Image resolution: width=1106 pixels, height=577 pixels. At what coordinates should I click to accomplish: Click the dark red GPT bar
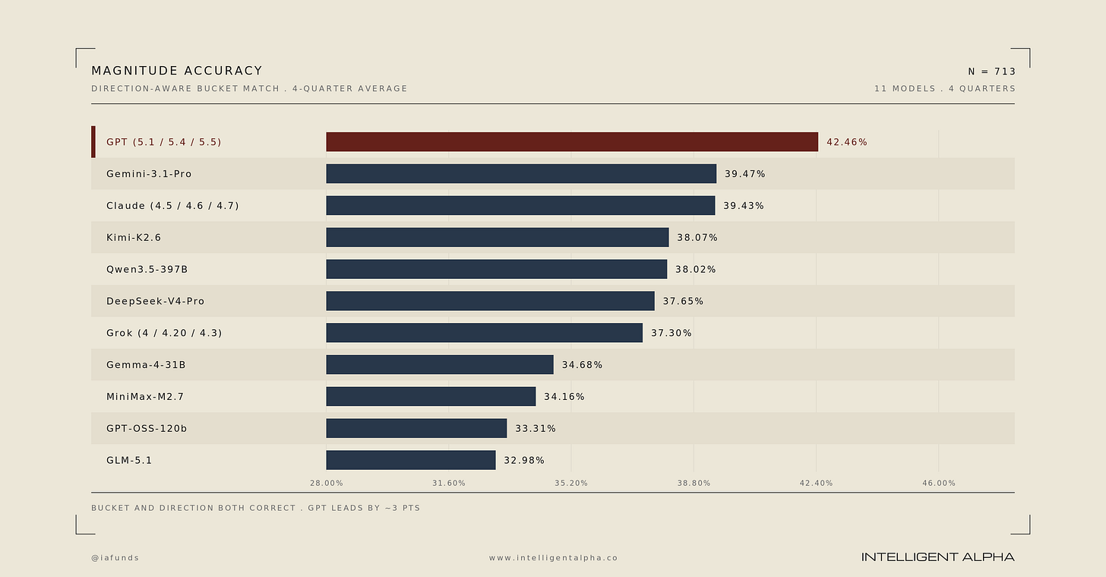(x=572, y=142)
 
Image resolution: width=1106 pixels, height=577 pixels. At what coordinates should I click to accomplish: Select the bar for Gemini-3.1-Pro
(x=521, y=174)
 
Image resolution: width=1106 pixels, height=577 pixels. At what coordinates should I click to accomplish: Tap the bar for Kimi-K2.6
(x=498, y=238)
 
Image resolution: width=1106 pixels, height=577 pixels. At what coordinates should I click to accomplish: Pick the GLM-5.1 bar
(x=411, y=461)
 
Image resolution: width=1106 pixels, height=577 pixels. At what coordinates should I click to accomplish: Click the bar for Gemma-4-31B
(x=439, y=365)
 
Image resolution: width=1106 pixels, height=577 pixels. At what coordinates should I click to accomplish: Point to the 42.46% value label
(x=847, y=142)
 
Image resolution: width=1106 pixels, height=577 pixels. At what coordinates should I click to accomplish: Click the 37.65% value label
(x=683, y=301)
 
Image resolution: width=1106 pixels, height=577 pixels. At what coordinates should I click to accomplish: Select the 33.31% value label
(x=536, y=429)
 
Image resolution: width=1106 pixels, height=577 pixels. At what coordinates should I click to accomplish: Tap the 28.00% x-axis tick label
(x=327, y=483)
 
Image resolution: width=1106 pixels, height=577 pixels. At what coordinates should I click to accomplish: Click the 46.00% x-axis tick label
(x=939, y=483)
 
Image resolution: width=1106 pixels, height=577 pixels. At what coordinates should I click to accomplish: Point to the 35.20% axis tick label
(x=571, y=483)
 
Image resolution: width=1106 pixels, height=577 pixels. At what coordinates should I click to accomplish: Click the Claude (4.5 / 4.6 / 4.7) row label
(x=172, y=206)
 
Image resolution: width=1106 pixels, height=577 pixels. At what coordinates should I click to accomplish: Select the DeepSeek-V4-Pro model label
(x=155, y=301)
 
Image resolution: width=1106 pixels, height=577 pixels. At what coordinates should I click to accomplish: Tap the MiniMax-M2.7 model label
(x=144, y=397)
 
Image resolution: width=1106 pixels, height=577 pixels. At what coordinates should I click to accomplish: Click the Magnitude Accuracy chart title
(x=177, y=71)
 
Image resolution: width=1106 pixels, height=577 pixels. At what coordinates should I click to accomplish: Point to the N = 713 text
(x=991, y=71)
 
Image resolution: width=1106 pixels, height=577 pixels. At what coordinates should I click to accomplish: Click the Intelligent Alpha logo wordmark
(x=937, y=557)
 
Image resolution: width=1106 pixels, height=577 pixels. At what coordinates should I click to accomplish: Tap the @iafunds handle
(x=115, y=558)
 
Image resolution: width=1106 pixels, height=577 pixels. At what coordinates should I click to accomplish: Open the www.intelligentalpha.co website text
(x=553, y=558)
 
